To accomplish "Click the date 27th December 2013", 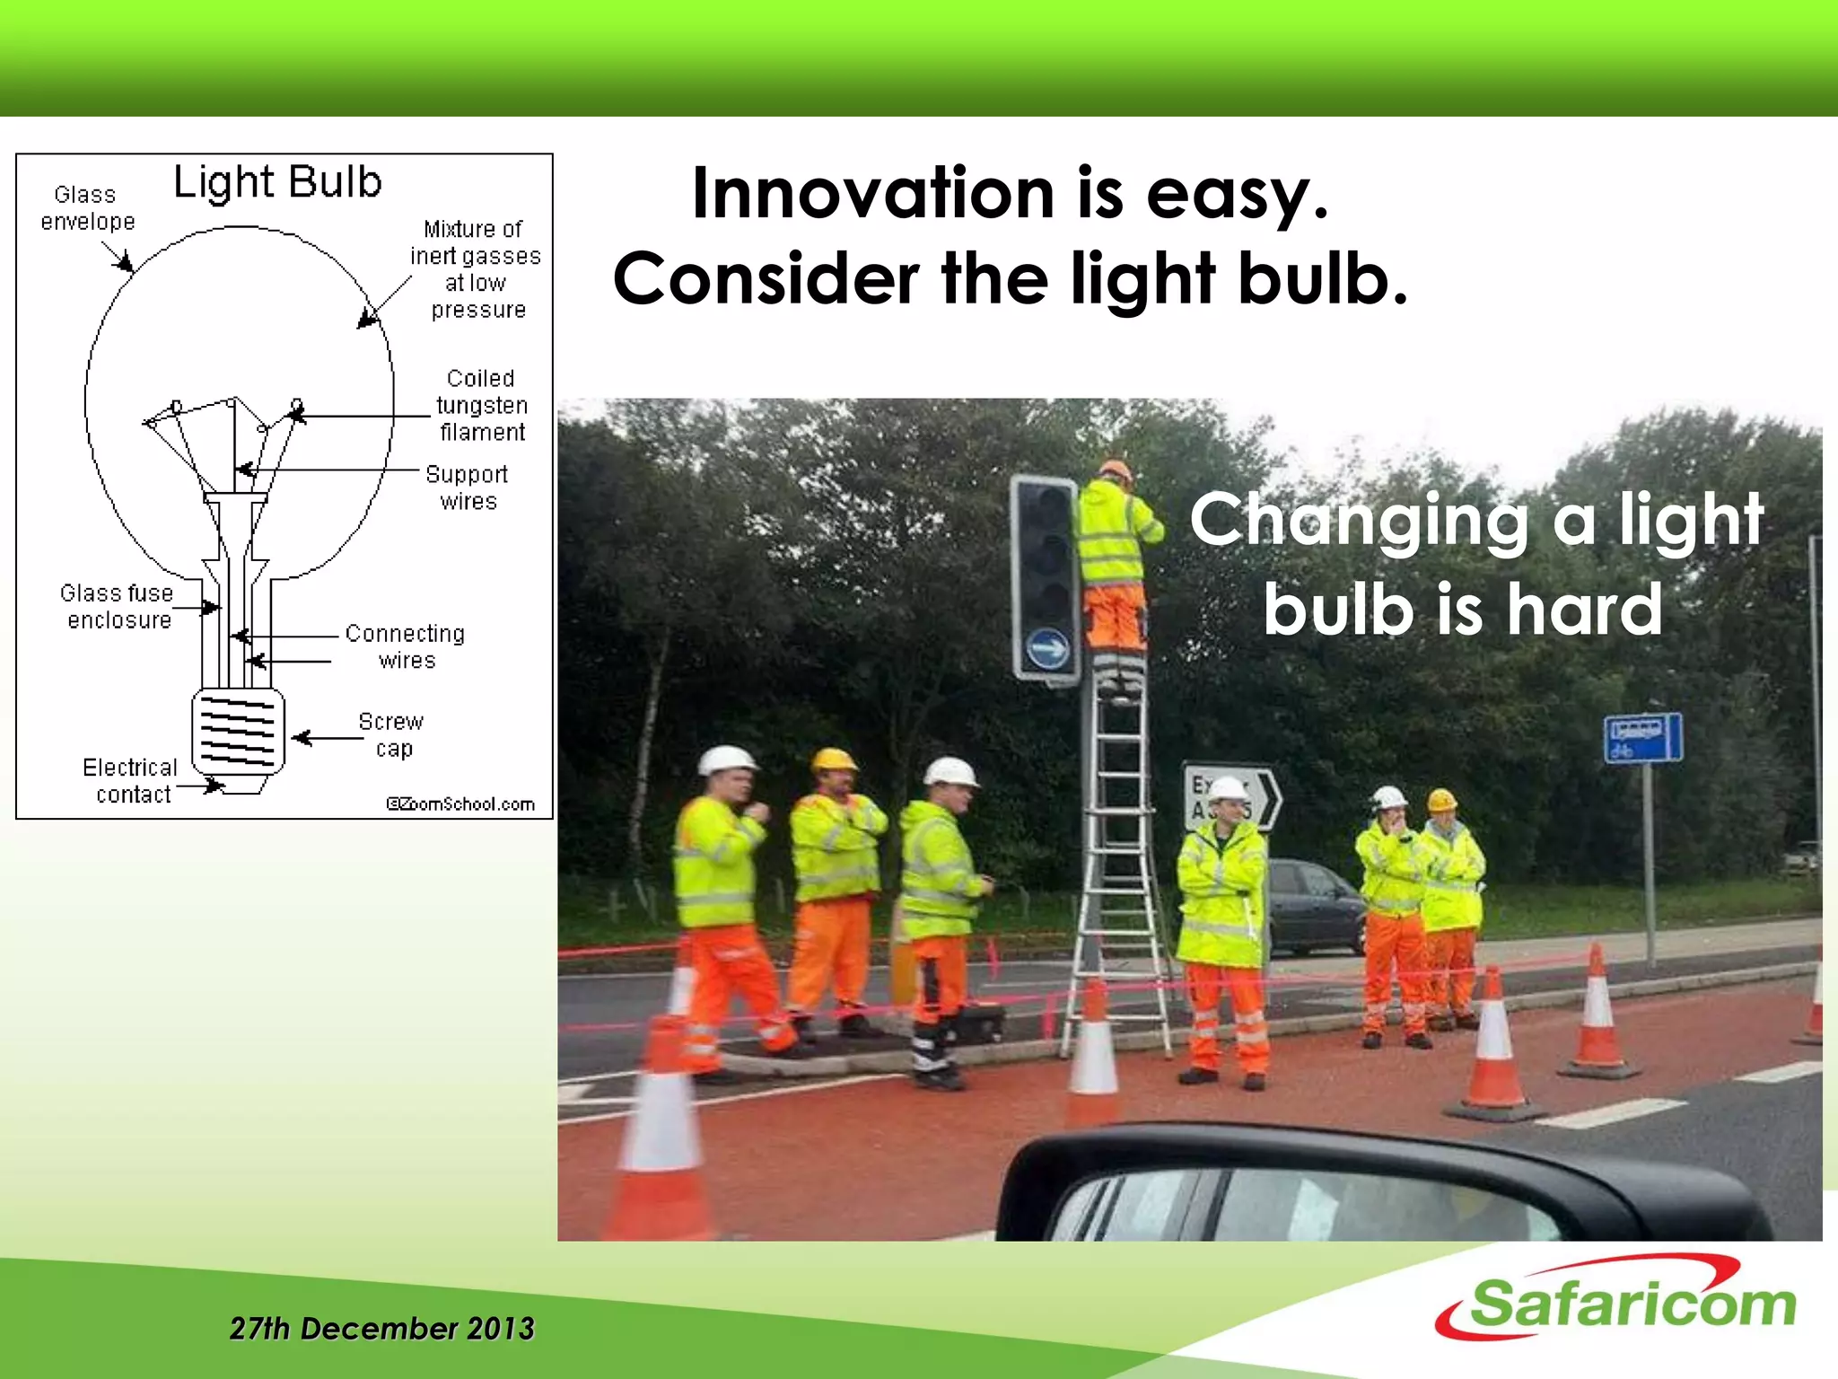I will (381, 1328).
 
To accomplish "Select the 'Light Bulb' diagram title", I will (277, 182).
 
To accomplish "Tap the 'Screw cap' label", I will (391, 734).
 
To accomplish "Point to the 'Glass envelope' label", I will (87, 207).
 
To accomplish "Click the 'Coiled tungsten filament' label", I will (481, 405).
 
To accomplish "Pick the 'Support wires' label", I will (467, 487).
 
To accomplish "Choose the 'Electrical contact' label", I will (131, 780).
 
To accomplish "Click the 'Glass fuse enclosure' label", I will (117, 606).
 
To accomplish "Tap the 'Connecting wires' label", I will (405, 646).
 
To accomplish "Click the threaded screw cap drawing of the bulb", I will (238, 732).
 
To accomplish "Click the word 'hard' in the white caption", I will (1584, 609).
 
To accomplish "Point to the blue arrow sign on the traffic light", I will (1047, 647).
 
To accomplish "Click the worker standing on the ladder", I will (1113, 566).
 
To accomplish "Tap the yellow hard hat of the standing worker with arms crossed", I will (834, 760).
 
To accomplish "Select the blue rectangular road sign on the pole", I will (1642, 738).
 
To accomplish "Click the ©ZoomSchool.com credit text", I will (460, 804).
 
